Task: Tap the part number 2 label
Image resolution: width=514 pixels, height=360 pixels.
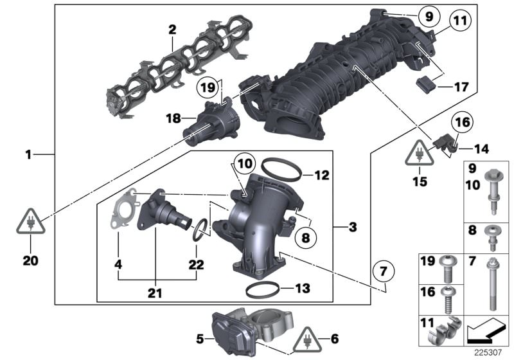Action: (172, 29)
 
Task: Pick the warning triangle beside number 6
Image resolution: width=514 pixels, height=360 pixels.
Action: (309, 338)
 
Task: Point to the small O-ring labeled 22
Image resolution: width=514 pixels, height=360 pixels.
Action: (200, 228)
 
